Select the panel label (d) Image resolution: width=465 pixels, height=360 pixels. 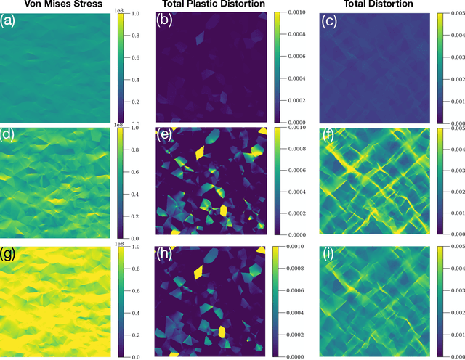click(12, 134)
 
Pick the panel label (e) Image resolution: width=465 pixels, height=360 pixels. click(168, 134)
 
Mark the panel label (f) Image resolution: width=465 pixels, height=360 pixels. click(329, 134)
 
